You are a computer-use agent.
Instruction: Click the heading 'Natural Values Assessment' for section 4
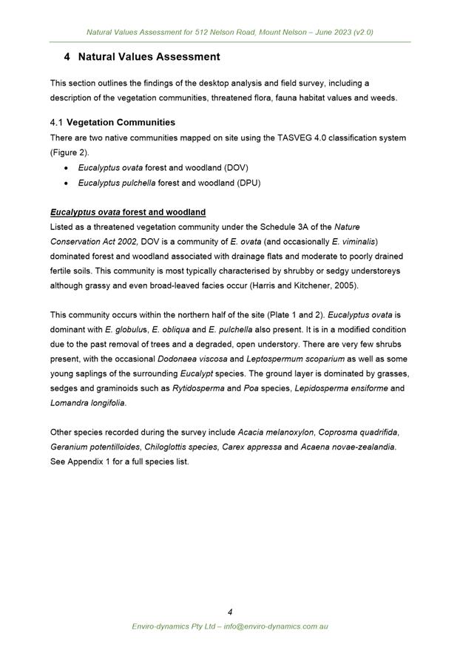click(149, 57)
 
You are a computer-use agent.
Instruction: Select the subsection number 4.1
click(57, 122)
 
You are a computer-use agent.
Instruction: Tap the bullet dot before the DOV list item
click(67, 168)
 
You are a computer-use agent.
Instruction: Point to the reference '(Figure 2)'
click(71, 152)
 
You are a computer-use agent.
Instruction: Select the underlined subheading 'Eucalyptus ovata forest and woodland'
click(128, 212)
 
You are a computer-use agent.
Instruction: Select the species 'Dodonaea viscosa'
click(188, 359)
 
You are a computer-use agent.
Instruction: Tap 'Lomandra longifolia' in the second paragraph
click(87, 403)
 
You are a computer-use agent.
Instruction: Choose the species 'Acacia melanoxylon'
click(275, 432)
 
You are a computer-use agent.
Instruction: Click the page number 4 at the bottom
click(230, 612)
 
